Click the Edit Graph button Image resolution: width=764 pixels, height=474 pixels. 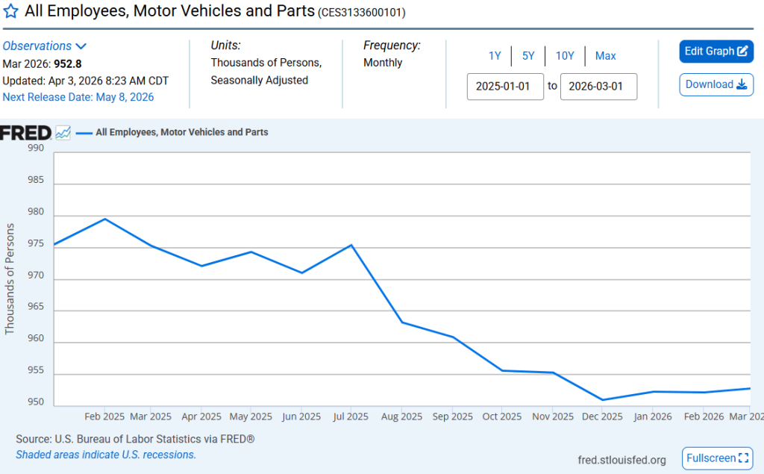click(x=716, y=52)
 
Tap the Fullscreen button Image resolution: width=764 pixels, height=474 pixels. click(x=717, y=458)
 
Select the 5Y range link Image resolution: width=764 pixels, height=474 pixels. click(x=528, y=56)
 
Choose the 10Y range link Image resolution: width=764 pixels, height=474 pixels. click(x=565, y=56)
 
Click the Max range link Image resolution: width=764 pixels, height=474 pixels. click(x=605, y=56)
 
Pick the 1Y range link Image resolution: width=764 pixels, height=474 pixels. click(x=495, y=56)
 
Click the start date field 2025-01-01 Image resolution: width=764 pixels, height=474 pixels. click(x=505, y=87)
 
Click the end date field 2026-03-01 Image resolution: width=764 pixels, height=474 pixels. click(x=598, y=87)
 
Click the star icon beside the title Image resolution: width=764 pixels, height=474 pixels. click(x=11, y=12)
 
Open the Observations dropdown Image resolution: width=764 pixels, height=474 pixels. click(x=45, y=46)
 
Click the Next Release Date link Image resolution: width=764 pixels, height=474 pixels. click(x=78, y=97)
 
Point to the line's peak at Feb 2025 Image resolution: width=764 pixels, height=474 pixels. click(x=104, y=219)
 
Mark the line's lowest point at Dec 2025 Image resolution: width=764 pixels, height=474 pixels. click(x=602, y=399)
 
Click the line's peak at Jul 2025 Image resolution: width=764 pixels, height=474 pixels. click(x=351, y=245)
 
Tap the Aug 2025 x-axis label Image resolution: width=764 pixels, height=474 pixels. click(x=401, y=417)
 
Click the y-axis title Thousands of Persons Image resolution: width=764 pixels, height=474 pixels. click(x=10, y=278)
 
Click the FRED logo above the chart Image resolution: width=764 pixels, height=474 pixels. click(x=25, y=133)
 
